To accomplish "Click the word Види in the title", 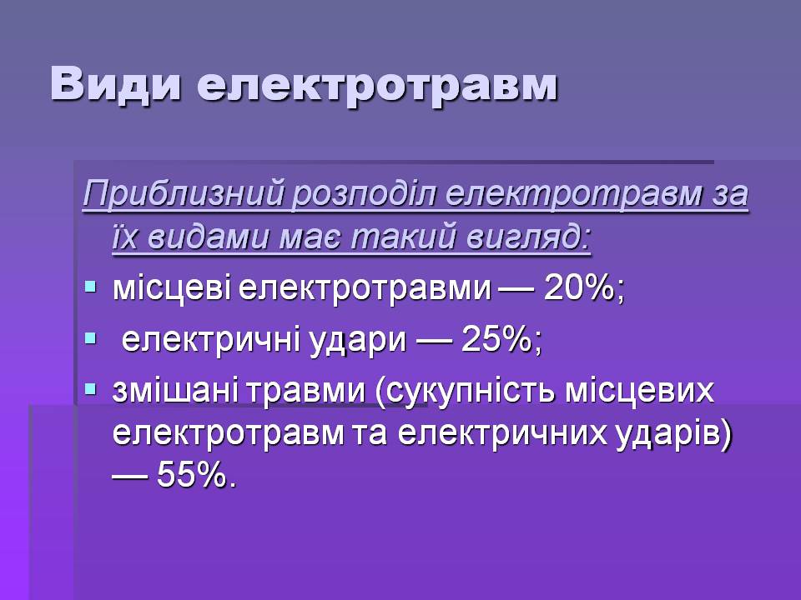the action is (116, 84).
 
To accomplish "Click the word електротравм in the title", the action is (377, 86).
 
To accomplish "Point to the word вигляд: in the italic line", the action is (529, 237).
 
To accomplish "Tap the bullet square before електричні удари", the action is (90, 337).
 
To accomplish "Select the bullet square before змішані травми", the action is (90, 390).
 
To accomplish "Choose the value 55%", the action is (192, 475).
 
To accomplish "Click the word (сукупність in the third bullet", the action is (466, 392).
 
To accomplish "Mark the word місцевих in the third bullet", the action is (639, 392).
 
